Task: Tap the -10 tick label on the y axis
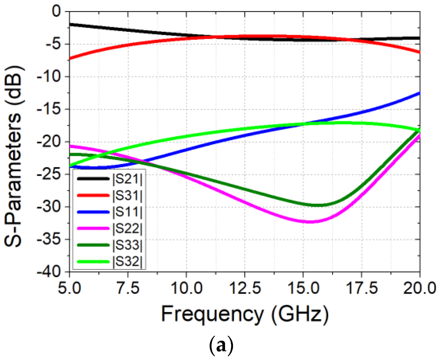tap(49, 77)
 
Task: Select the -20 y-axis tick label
tap(49, 142)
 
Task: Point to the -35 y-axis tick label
tap(49, 239)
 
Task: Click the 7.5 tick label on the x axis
tap(128, 288)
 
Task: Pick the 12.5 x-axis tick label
tap(245, 288)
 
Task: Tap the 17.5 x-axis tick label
tap(361, 288)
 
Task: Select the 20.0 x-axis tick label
tap(419, 288)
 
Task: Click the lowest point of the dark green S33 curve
tap(318, 205)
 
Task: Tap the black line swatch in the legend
tap(93, 179)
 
